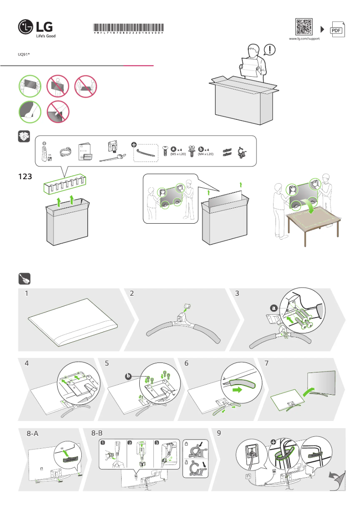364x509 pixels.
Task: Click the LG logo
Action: pyautogui.click(x=37, y=27)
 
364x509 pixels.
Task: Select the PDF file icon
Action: pyautogui.click(x=336, y=29)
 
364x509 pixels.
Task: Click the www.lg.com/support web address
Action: pyautogui.click(x=304, y=39)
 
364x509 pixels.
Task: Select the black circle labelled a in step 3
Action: pyautogui.click(x=273, y=308)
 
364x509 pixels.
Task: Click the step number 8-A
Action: pyautogui.click(x=32, y=434)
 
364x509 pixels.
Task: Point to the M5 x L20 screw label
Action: pyautogui.click(x=178, y=154)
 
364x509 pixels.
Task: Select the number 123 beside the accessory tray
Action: pyautogui.click(x=25, y=176)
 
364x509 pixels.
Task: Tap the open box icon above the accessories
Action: pyautogui.click(x=24, y=137)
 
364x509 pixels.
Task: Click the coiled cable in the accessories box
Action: pyautogui.click(x=65, y=152)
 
